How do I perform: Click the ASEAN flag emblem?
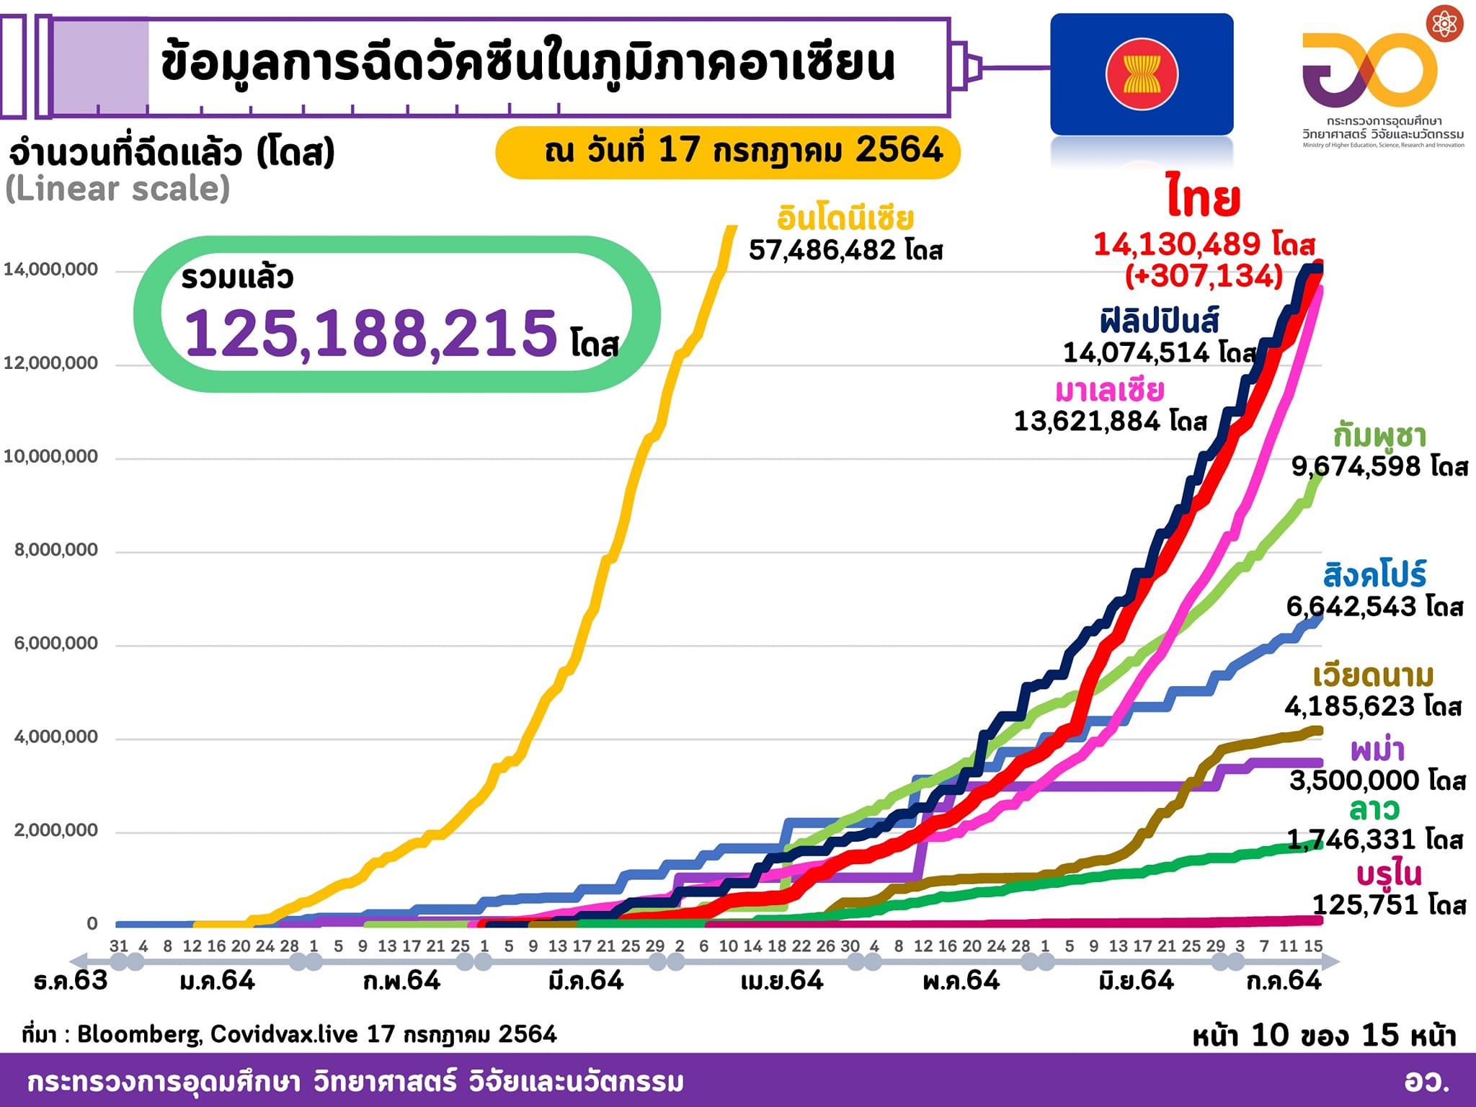coord(1142,74)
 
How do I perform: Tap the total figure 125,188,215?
coord(371,333)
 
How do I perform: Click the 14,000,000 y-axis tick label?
coord(50,270)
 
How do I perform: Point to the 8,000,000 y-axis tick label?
coord(55,550)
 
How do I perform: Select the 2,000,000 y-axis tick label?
coord(55,830)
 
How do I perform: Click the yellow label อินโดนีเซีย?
coord(845,218)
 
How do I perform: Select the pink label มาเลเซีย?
coord(1109,390)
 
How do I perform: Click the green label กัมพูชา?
coord(1379,435)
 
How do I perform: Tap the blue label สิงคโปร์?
coord(1374,575)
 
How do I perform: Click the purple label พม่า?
coord(1377,750)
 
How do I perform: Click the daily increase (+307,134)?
coord(1204,275)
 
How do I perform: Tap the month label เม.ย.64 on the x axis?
coord(782,981)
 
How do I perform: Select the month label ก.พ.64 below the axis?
coord(401,981)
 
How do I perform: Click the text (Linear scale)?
coord(117,189)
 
